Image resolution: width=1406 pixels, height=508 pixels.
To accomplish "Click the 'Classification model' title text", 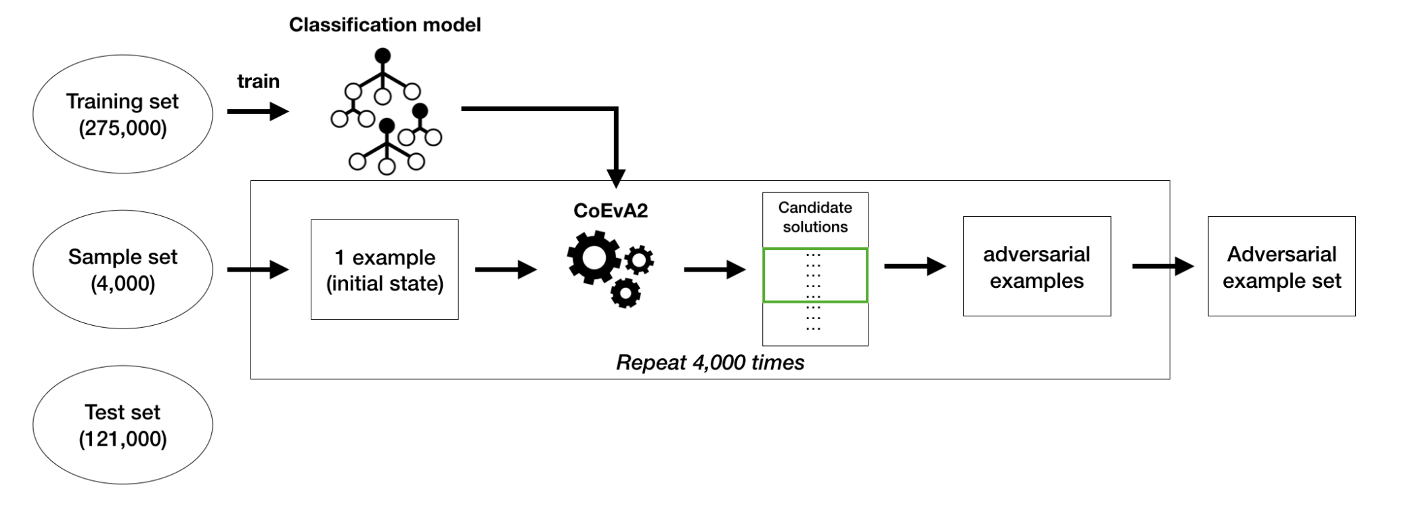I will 385,25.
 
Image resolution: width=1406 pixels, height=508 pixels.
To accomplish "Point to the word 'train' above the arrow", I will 258,81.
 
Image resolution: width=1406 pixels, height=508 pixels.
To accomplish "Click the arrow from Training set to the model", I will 257,111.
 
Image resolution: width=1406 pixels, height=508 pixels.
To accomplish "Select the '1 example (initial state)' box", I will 385,270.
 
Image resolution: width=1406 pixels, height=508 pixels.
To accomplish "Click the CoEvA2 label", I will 610,211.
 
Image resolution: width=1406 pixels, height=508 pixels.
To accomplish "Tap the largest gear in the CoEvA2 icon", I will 594,257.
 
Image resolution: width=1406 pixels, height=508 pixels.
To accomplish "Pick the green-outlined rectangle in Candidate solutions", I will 815,275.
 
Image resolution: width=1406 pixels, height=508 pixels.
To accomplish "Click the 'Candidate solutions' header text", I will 815,217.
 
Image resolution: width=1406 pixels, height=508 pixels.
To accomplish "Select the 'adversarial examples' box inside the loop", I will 1036,267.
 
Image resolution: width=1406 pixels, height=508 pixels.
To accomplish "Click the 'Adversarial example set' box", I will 1281,267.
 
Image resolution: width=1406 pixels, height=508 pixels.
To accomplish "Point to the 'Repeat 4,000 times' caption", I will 709,363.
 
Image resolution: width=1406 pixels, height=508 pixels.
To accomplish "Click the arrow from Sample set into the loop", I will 257,270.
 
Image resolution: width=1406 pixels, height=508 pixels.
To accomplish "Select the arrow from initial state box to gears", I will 505,270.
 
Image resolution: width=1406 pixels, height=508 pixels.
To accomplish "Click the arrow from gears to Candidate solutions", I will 714,270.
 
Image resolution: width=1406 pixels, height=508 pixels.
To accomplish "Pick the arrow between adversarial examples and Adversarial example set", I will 1162,266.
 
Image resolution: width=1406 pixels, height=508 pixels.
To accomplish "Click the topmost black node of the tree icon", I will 382,55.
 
